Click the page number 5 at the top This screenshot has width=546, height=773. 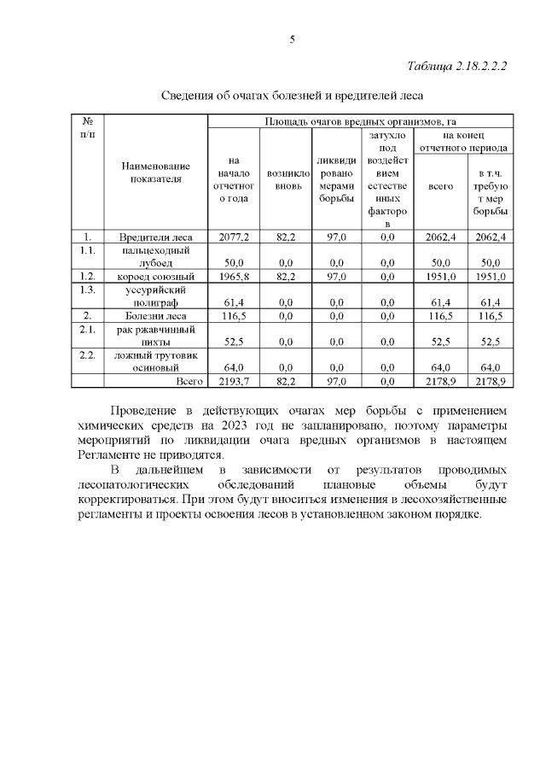[292, 40]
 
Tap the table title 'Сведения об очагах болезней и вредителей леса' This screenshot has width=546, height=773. [292, 94]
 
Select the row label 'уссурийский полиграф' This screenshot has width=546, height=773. [155, 296]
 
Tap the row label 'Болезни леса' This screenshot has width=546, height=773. [155, 316]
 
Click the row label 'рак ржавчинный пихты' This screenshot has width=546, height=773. [155, 336]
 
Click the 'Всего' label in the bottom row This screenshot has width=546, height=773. [189, 380]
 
